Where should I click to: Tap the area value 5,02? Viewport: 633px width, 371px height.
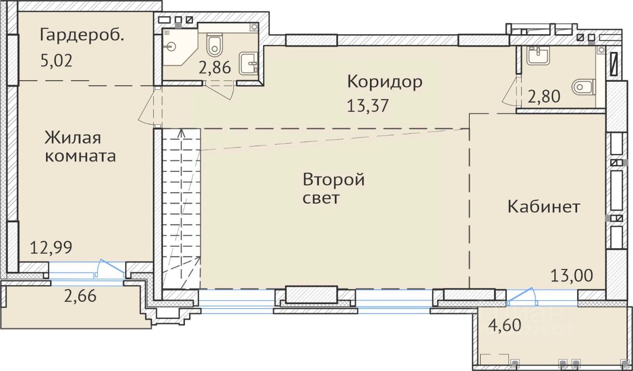(x=56, y=61)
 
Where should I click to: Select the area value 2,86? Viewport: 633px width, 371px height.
(x=215, y=68)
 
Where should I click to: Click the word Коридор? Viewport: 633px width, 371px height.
(x=385, y=82)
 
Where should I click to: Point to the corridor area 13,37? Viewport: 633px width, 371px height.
(x=368, y=106)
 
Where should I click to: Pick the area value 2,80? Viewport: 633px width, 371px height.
(x=544, y=97)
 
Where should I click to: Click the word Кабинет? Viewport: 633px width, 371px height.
(x=544, y=207)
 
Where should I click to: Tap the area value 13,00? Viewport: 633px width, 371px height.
(x=572, y=275)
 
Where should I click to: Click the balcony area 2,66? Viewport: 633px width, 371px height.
(x=80, y=296)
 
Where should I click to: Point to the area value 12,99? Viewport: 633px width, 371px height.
(x=51, y=247)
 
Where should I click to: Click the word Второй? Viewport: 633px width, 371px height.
(x=334, y=180)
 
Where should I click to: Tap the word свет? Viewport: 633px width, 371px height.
(x=321, y=198)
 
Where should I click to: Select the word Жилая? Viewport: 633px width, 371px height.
(x=73, y=138)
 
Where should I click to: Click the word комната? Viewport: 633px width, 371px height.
(x=81, y=156)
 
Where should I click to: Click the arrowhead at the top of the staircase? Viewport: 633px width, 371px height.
(x=181, y=133)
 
